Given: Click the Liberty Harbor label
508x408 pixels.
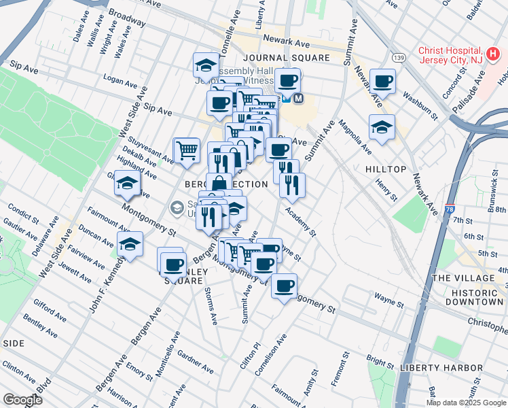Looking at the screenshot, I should click(x=441, y=368).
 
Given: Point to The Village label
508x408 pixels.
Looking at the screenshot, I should click(x=463, y=278).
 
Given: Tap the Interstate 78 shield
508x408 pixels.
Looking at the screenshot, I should click(x=450, y=210).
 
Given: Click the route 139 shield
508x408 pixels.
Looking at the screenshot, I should click(x=400, y=58).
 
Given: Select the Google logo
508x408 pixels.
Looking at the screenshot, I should click(x=22, y=399).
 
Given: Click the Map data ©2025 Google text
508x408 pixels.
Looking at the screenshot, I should click(x=466, y=403).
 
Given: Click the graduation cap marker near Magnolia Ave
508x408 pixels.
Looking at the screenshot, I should click(x=382, y=126).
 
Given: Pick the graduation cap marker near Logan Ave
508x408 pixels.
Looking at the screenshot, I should click(x=205, y=65).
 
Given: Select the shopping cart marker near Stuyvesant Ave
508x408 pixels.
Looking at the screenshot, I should click(x=187, y=150).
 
